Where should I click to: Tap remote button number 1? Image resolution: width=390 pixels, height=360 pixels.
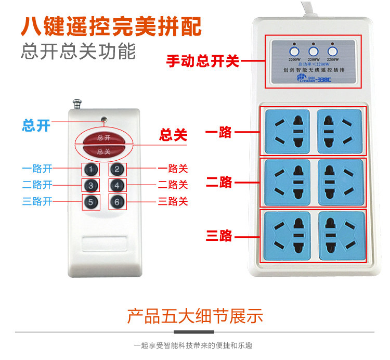(x=91, y=169)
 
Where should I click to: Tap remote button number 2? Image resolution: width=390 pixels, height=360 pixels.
(x=118, y=169)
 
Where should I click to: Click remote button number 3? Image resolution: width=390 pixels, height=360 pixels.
(x=91, y=185)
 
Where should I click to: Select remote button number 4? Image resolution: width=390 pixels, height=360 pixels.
(x=118, y=185)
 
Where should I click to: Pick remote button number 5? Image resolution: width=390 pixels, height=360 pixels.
(x=91, y=202)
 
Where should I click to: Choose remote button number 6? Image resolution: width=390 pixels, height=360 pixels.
(x=118, y=202)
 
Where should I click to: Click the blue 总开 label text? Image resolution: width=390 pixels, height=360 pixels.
(x=36, y=125)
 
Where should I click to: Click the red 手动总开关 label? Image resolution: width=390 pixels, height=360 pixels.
(x=202, y=61)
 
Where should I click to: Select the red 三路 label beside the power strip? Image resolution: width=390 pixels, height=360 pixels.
(x=219, y=236)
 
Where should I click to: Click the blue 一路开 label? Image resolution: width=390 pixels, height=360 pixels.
(x=37, y=169)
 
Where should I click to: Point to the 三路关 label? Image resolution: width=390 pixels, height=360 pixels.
(x=173, y=202)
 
